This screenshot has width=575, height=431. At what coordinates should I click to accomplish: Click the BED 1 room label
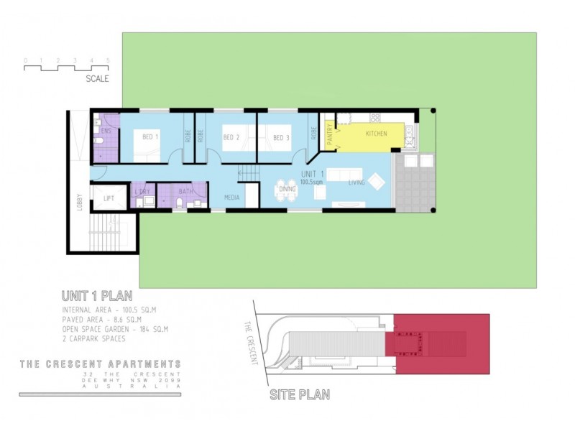150,136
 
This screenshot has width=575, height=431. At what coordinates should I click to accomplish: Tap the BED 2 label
231,137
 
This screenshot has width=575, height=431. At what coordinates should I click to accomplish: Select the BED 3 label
281,137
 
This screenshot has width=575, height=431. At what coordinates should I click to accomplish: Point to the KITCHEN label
376,134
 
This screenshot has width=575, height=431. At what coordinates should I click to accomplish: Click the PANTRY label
329,136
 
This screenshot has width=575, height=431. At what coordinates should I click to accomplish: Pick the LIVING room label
356,182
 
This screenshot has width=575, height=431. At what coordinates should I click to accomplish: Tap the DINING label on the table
287,190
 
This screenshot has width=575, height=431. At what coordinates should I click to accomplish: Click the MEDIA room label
231,196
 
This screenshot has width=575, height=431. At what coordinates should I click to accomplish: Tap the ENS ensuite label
106,131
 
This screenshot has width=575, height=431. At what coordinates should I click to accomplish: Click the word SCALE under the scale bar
97,79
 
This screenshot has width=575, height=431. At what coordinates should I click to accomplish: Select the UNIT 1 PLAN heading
96,295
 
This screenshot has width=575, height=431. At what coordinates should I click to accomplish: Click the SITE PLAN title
299,395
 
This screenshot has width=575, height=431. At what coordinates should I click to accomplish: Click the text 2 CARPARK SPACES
93,338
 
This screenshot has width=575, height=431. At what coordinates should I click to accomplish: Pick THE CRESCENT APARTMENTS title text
100,364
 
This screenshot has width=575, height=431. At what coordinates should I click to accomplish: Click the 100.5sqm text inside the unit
313,182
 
